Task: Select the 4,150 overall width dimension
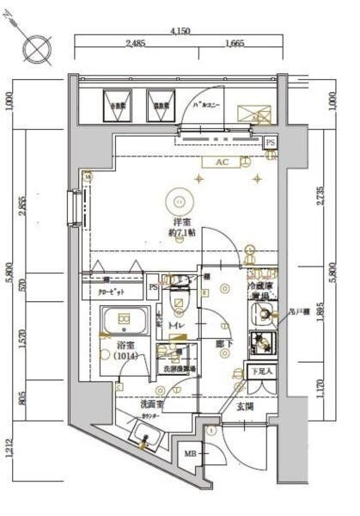180,31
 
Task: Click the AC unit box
220,162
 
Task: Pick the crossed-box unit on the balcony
252,113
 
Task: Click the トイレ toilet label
176,328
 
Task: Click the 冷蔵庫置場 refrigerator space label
261,289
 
